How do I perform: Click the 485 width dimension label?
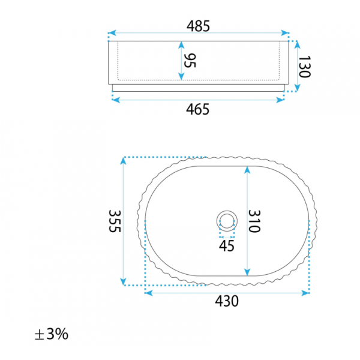(198, 26)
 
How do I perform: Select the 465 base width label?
(197, 109)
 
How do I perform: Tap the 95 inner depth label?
(190, 61)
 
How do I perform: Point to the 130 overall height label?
(304, 67)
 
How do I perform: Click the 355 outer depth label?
(115, 221)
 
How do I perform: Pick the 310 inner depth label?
(254, 221)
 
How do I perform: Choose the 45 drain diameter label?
(227, 246)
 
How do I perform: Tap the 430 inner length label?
(227, 301)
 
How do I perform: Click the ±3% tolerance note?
(52, 334)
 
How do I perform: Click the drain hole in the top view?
(227, 221)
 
